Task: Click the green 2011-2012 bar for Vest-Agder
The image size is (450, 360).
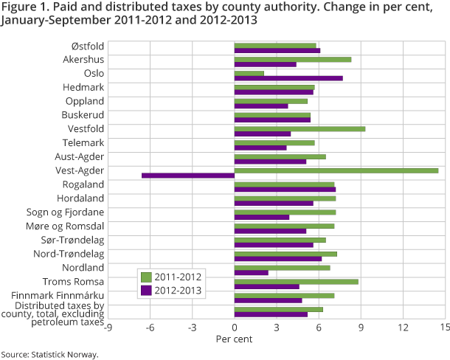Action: tap(336, 170)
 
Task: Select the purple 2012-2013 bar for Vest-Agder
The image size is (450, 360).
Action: tap(188, 176)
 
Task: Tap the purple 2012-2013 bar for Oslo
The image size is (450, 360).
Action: tap(288, 77)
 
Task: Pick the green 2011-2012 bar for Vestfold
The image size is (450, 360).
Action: tap(300, 128)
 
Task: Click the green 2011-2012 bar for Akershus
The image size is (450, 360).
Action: tap(293, 59)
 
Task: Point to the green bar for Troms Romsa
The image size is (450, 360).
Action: tap(297, 281)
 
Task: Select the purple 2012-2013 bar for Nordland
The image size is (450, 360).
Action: tap(252, 273)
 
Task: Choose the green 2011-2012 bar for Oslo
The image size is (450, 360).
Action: tap(249, 73)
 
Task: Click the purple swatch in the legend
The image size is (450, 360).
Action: tap(146, 291)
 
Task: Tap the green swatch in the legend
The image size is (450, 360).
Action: tap(146, 277)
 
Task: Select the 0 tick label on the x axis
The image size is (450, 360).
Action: tap(235, 327)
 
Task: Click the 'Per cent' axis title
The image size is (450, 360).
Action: tap(234, 339)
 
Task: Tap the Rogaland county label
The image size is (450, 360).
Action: tap(83, 184)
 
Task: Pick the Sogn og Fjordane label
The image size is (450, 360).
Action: tap(71, 212)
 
